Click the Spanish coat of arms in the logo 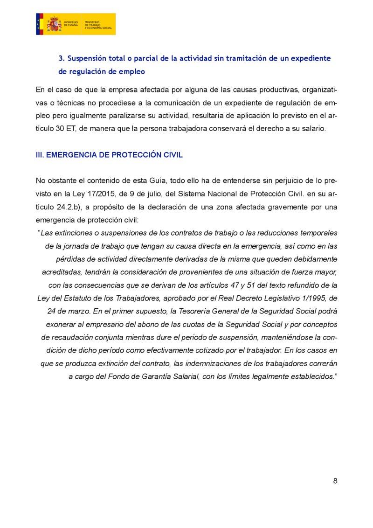tap(54, 24)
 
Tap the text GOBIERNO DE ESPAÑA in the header tap(71, 24)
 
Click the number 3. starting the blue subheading tap(61, 59)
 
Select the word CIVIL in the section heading tap(172, 155)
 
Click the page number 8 tap(335, 481)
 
